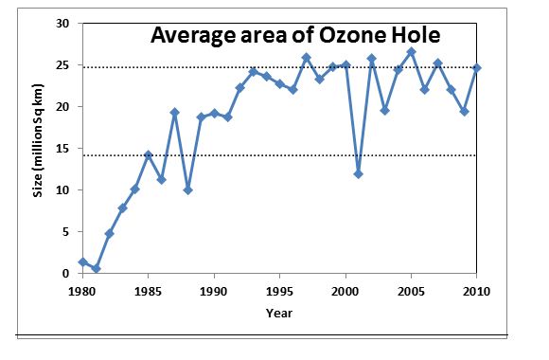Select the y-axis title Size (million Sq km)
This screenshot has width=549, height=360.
pyautogui.click(x=39, y=149)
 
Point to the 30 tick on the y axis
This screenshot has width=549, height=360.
pyautogui.click(x=64, y=23)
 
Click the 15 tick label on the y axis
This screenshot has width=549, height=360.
pyautogui.click(x=64, y=149)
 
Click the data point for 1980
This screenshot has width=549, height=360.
pyautogui.click(x=82, y=262)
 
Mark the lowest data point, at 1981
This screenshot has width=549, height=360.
pyautogui.click(x=96, y=269)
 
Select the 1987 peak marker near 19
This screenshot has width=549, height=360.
pyautogui.click(x=174, y=112)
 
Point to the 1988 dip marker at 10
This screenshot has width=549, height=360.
pyautogui.click(x=187, y=189)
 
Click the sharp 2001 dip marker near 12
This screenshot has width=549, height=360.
pyautogui.click(x=359, y=173)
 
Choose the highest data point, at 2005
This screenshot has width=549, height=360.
pyautogui.click(x=412, y=51)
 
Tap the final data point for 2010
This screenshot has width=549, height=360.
pyautogui.click(x=478, y=67)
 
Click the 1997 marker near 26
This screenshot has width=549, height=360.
pyautogui.click(x=307, y=57)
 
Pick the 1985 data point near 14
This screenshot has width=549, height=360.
pyautogui.click(x=149, y=154)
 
